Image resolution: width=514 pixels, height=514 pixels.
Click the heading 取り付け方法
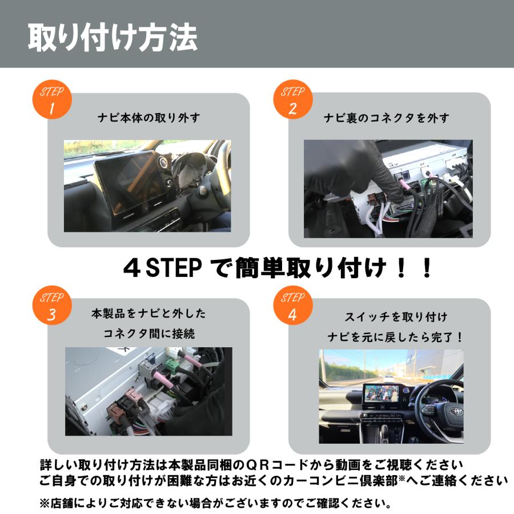(x=113, y=38)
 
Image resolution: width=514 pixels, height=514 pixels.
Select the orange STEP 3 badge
(x=52, y=307)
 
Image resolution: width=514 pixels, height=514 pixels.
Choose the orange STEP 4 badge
(x=292, y=307)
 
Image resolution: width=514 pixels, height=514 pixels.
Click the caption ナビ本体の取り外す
(x=148, y=118)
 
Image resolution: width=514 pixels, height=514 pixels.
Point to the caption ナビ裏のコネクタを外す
(x=387, y=118)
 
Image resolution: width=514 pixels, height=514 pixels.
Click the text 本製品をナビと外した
(x=148, y=314)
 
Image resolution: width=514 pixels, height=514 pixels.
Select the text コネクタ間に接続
(x=148, y=334)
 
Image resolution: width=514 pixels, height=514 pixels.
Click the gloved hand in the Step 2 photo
(x=337, y=171)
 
